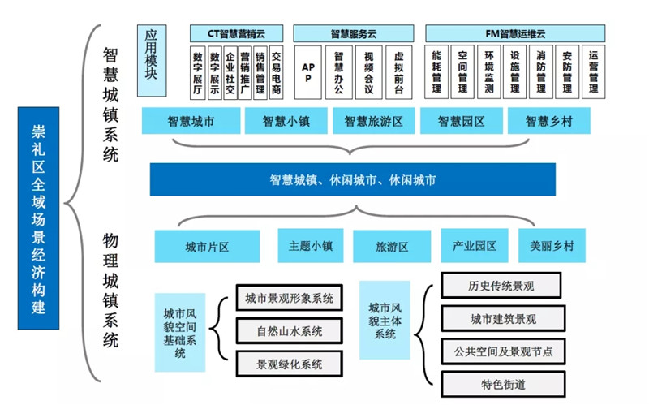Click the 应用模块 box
tap(152, 60)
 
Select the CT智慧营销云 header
tap(236, 33)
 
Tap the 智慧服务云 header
tap(354, 33)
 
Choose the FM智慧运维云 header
tap(515, 33)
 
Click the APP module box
tap(308, 72)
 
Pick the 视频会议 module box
tap(368, 72)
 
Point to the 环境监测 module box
tap(489, 72)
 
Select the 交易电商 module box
tap(276, 72)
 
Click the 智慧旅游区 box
tap(374, 121)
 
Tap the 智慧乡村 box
tap(549, 121)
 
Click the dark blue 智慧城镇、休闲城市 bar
tap(353, 179)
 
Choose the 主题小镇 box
tap(311, 246)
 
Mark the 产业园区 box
tap(475, 246)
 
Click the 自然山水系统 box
tap(290, 331)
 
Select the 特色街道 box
tap(503, 384)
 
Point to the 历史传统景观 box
tap(501, 286)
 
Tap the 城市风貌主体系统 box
tap(385, 320)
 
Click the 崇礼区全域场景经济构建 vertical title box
tap(38, 218)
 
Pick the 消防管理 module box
tap(541, 72)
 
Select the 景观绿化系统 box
tap(290, 364)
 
